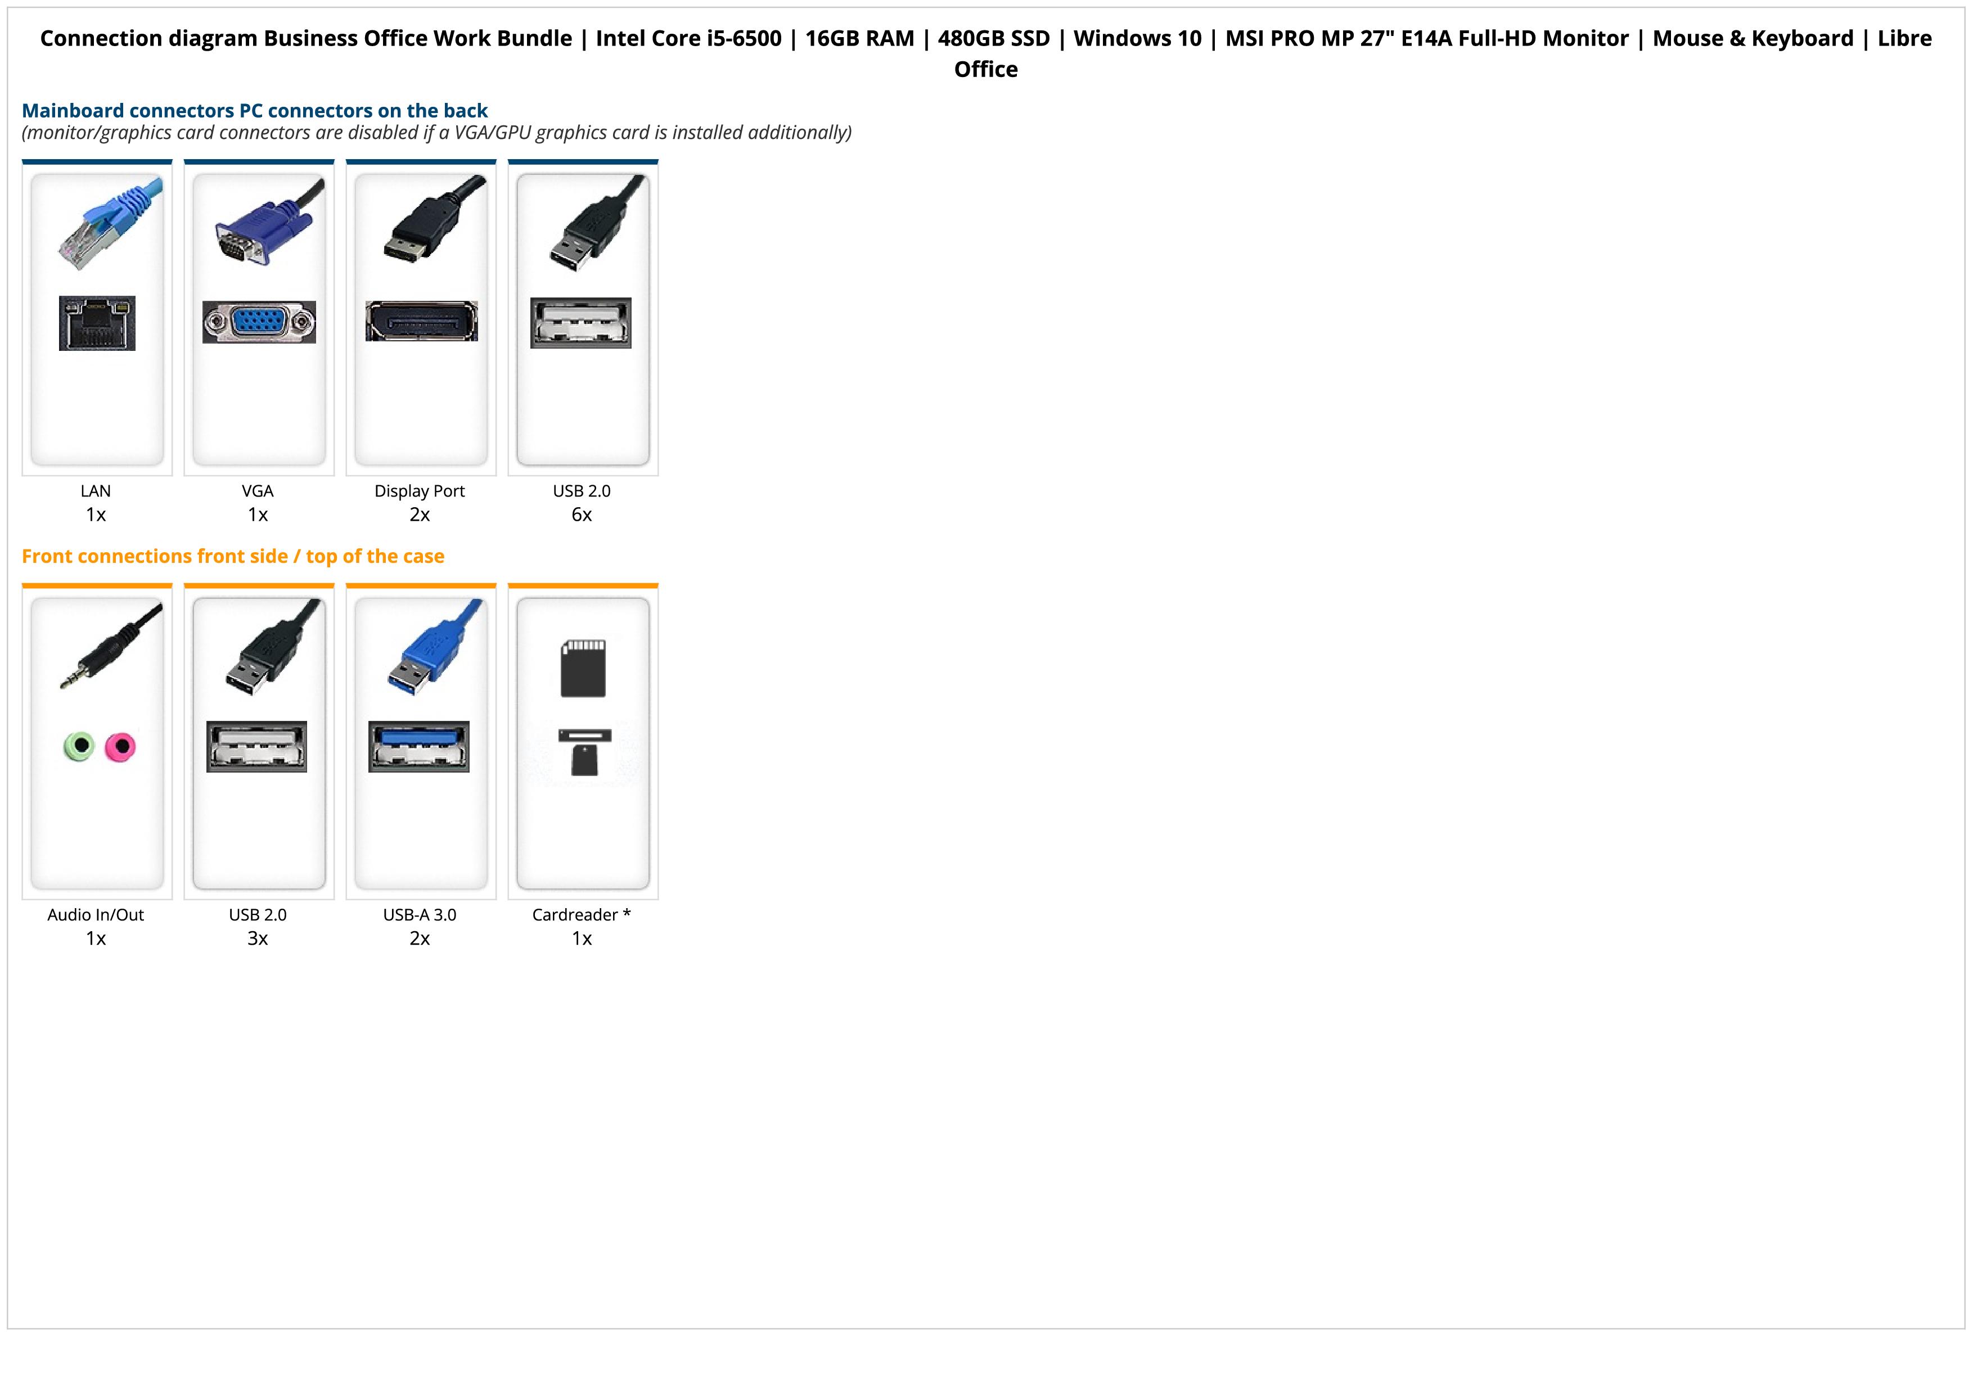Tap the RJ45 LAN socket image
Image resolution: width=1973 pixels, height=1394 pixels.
(x=97, y=323)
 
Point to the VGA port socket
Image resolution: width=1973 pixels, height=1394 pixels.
(x=259, y=322)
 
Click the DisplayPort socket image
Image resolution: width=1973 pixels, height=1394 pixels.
(x=421, y=321)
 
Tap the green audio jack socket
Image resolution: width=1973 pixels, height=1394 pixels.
(x=79, y=746)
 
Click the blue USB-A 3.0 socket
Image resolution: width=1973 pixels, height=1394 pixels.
(x=418, y=746)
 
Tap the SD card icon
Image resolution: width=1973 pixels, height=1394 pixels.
(x=583, y=667)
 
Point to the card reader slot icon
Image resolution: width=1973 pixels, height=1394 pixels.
(x=584, y=751)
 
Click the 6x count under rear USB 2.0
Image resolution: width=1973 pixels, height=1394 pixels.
(x=582, y=515)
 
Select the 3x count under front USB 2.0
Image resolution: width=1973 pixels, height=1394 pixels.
(x=258, y=938)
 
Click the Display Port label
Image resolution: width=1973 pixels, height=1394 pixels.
(x=420, y=491)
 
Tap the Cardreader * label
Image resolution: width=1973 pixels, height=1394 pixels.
(x=582, y=915)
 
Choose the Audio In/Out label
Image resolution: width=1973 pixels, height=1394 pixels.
(x=96, y=915)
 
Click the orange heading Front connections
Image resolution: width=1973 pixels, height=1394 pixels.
(x=233, y=557)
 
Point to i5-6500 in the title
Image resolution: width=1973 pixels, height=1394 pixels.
(x=744, y=39)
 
